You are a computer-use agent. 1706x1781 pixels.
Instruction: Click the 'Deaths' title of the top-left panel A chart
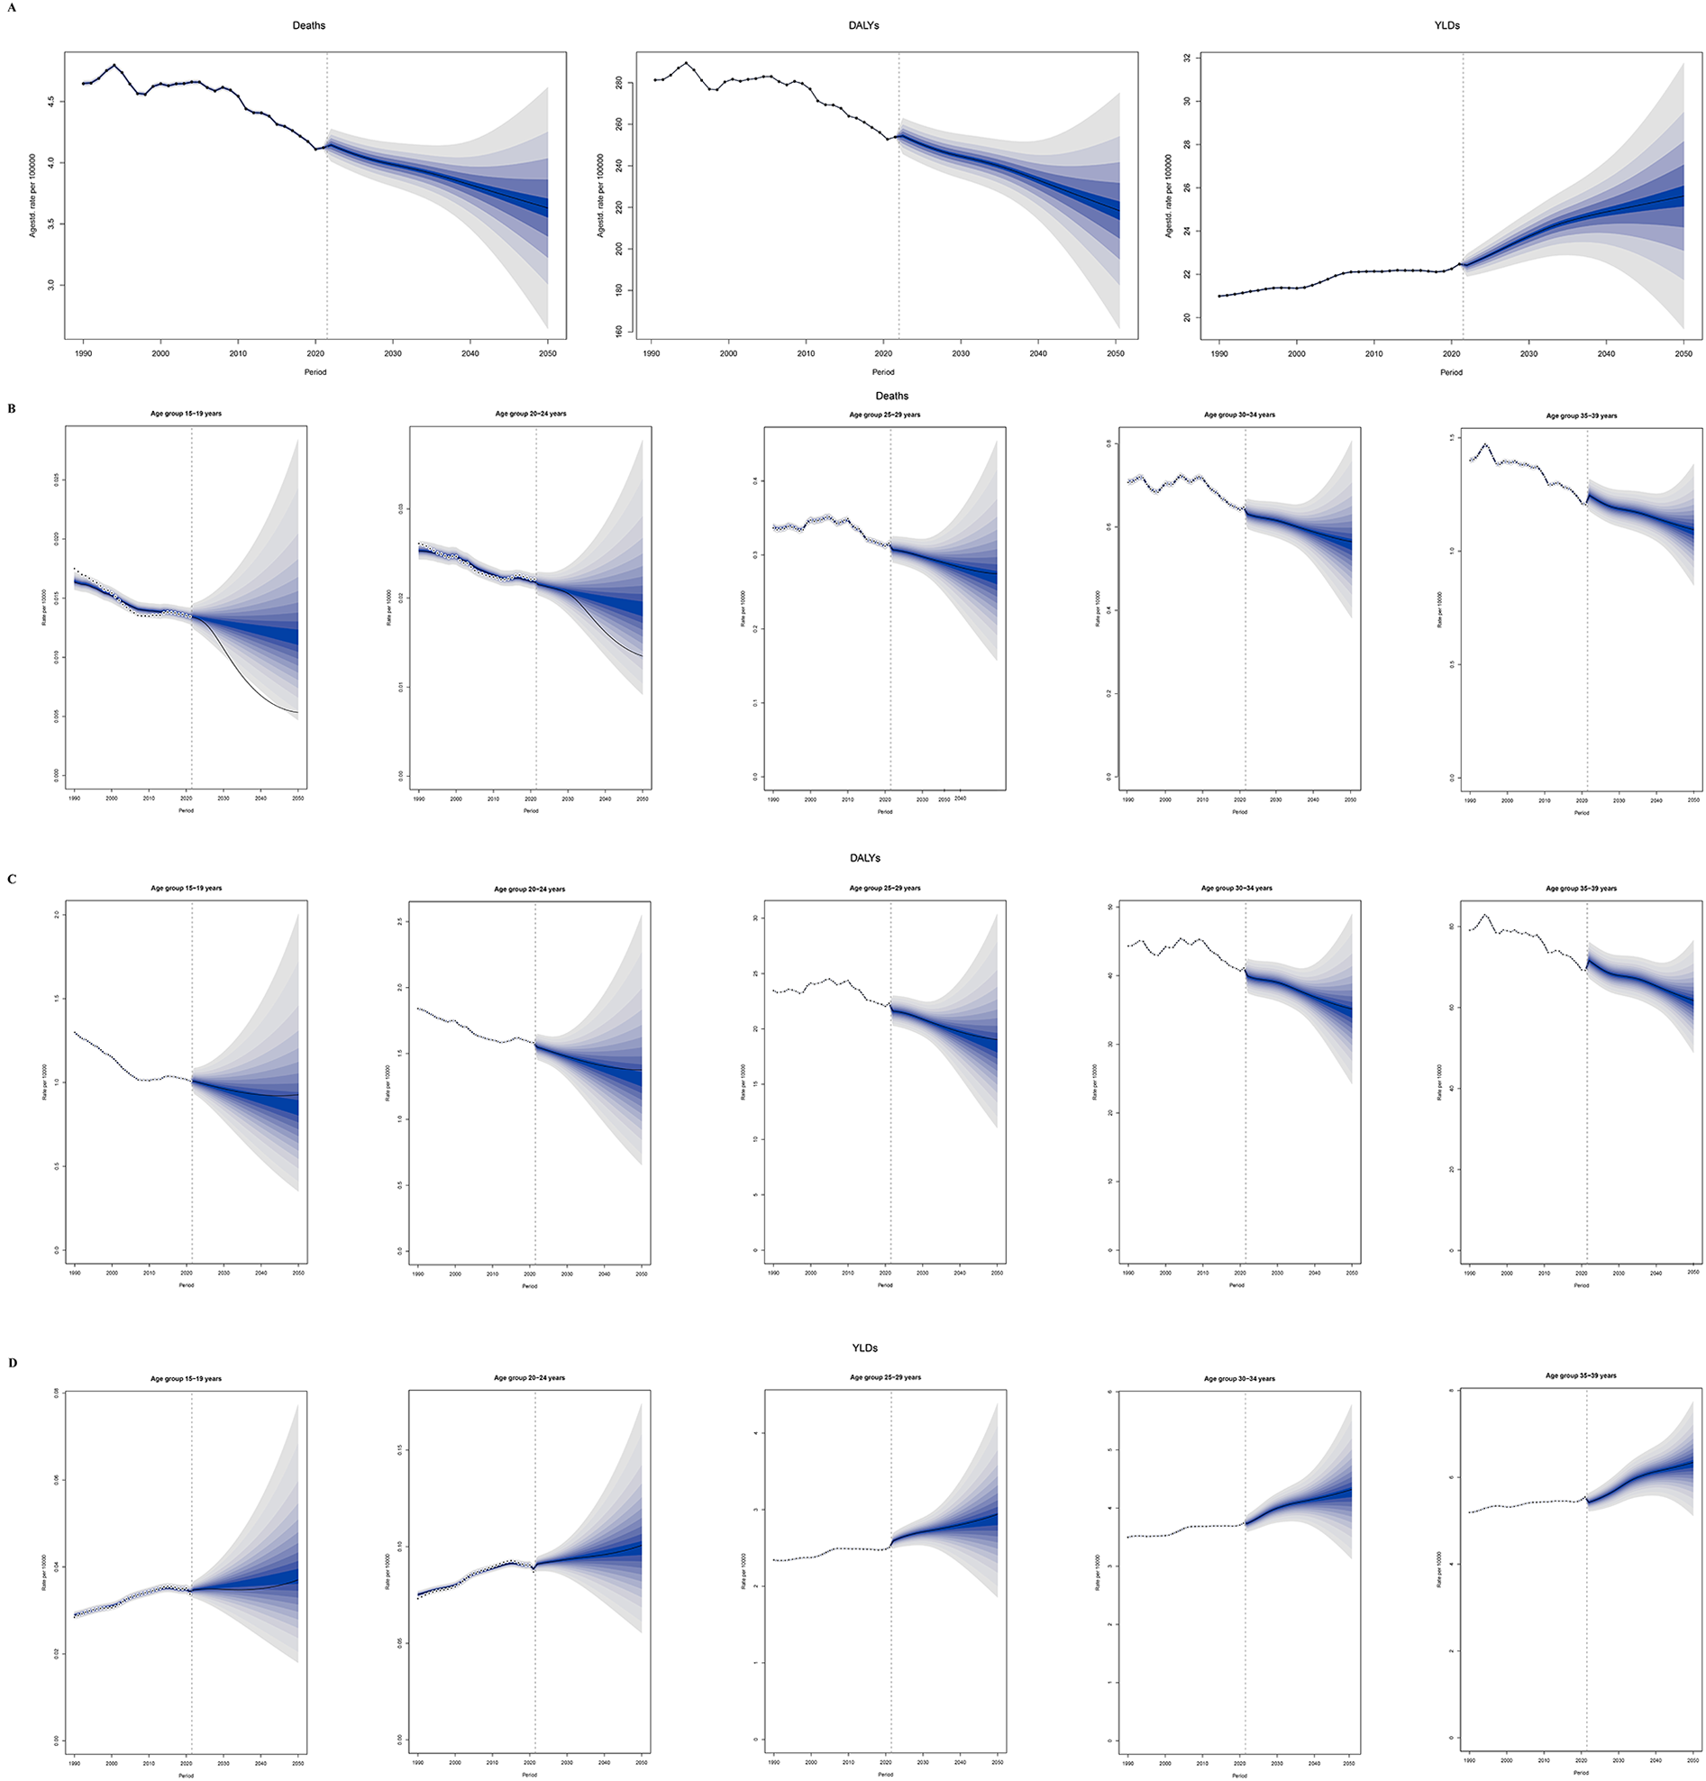pyautogui.click(x=308, y=25)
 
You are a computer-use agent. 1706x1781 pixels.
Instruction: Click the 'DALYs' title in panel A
pyautogui.click(x=862, y=25)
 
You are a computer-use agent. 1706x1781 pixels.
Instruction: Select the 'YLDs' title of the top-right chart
pyautogui.click(x=1446, y=25)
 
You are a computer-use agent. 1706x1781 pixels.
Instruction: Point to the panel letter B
pyautogui.click(x=11, y=409)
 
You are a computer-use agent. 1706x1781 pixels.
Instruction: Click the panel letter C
pyautogui.click(x=11, y=880)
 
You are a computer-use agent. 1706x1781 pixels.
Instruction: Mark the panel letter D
pyautogui.click(x=11, y=1363)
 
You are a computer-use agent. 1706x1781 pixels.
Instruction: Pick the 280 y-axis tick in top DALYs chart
pyautogui.click(x=618, y=83)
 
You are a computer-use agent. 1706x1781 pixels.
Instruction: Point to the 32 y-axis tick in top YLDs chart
pyautogui.click(x=1186, y=59)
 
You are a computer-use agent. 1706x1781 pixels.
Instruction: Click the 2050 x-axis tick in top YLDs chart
pyautogui.click(x=1683, y=353)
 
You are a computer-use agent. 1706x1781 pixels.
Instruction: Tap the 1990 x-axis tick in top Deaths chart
pyautogui.click(x=83, y=353)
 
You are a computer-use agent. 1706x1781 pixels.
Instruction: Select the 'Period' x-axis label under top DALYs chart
pyautogui.click(x=882, y=371)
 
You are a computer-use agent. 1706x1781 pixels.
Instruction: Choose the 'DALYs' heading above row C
pyautogui.click(x=864, y=858)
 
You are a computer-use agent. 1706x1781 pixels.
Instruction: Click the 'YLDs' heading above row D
pyautogui.click(x=864, y=1347)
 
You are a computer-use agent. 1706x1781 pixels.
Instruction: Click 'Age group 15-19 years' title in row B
pyautogui.click(x=186, y=415)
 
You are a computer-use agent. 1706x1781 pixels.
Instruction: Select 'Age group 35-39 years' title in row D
pyautogui.click(x=1581, y=1375)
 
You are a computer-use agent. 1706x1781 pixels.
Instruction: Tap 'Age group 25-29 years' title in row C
pyautogui.click(x=884, y=888)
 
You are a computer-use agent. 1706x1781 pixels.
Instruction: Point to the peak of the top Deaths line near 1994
pyautogui.click(x=114, y=66)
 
